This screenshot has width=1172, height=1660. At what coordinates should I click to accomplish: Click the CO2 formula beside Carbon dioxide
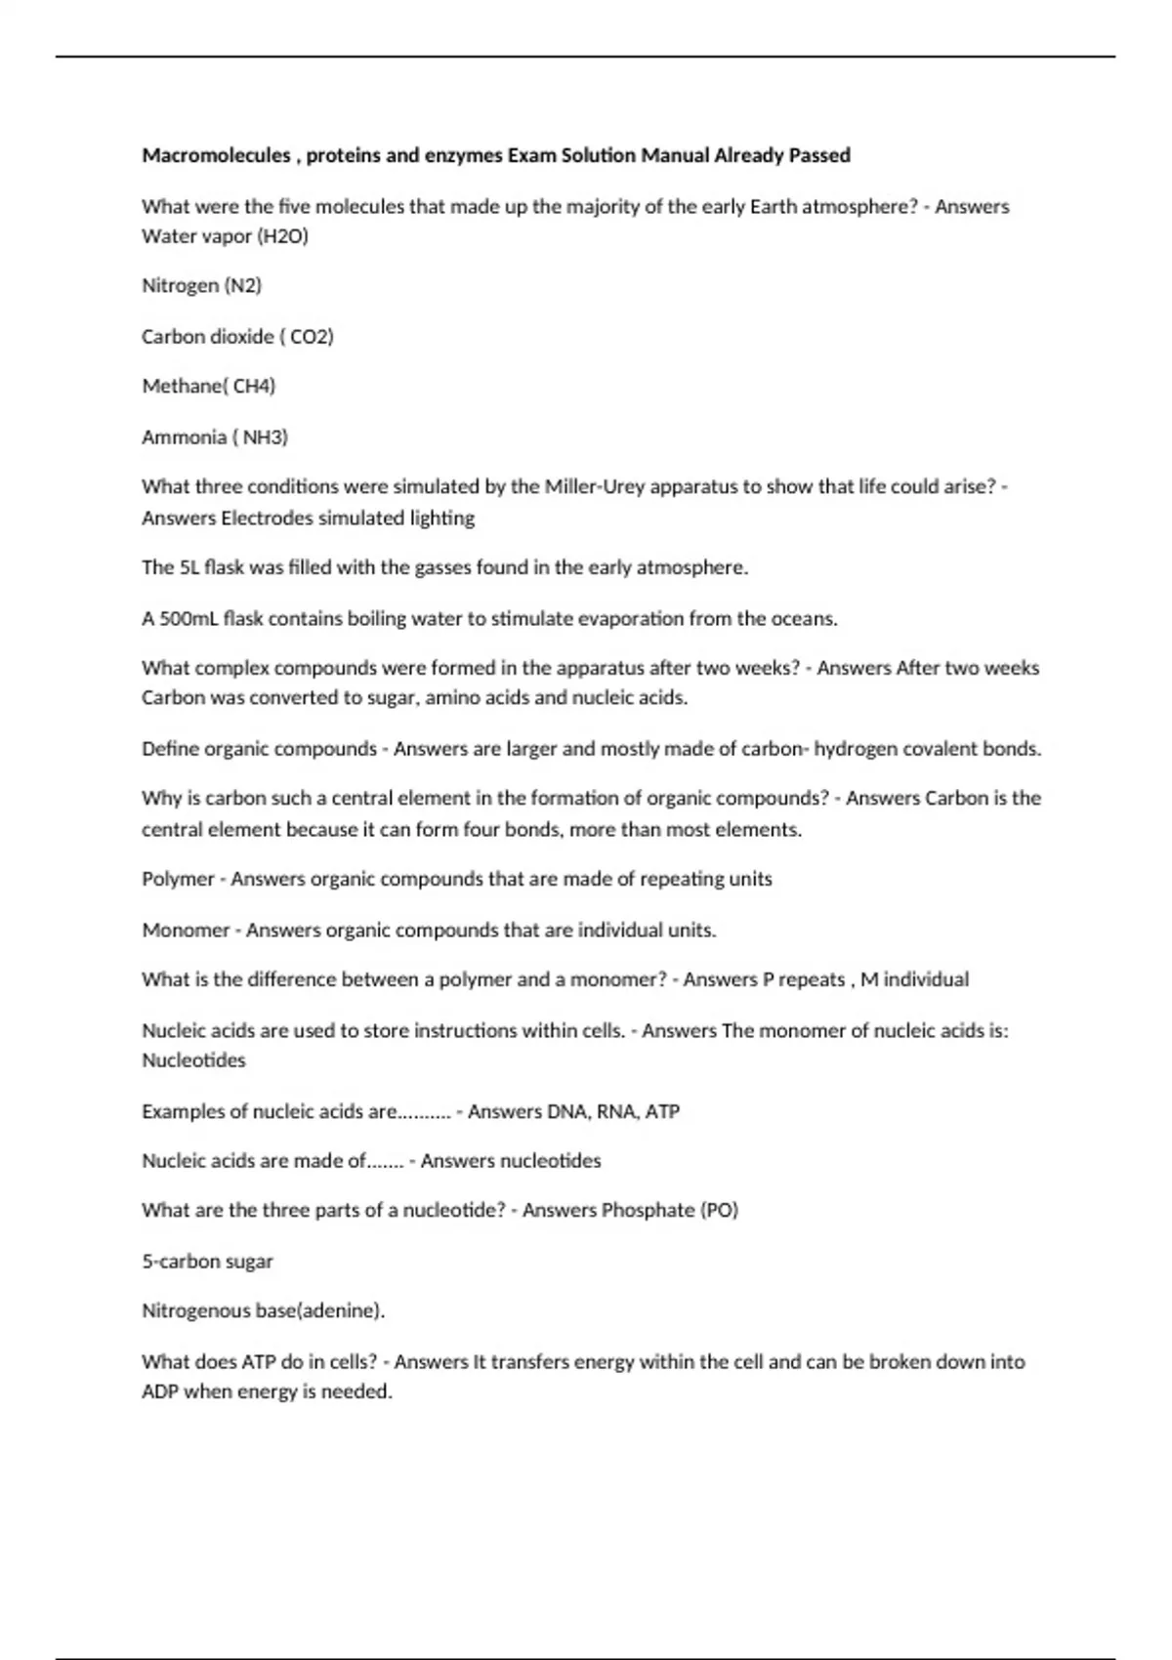click(312, 337)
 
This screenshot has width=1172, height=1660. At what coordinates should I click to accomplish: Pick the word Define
click(170, 749)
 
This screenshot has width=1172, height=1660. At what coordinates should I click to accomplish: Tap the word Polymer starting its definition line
click(178, 879)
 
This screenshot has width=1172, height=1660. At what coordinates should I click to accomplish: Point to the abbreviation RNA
click(617, 1111)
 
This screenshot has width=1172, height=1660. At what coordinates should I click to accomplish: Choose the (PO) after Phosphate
click(719, 1211)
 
